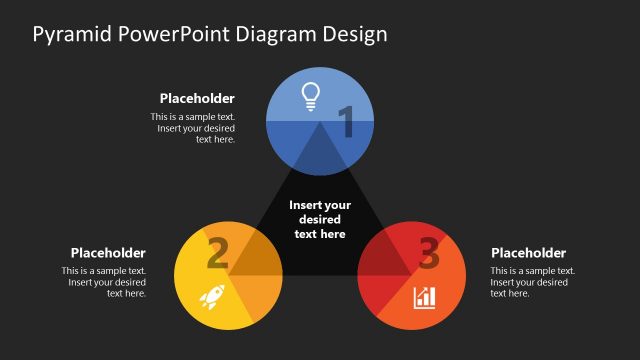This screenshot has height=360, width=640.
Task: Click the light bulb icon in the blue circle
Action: (x=311, y=96)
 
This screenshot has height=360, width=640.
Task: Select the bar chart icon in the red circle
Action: (x=424, y=297)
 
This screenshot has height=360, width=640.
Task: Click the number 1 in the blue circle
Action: (x=346, y=123)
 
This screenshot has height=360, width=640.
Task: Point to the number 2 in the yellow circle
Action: (x=217, y=254)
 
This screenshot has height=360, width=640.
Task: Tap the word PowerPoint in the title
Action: (x=175, y=34)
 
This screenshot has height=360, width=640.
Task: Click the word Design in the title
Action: (x=354, y=34)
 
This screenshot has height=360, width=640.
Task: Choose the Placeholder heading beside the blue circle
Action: (x=197, y=98)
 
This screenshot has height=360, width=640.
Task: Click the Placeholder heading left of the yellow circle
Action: (x=108, y=253)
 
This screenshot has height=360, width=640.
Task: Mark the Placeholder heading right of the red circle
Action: (x=528, y=253)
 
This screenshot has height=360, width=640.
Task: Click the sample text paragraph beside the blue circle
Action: (x=193, y=128)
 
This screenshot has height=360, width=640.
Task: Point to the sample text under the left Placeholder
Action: (x=104, y=282)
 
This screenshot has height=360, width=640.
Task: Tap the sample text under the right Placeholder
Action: (x=533, y=282)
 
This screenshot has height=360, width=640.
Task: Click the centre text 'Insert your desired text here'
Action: (x=320, y=219)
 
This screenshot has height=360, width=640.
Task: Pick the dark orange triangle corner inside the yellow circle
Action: (x=255, y=257)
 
